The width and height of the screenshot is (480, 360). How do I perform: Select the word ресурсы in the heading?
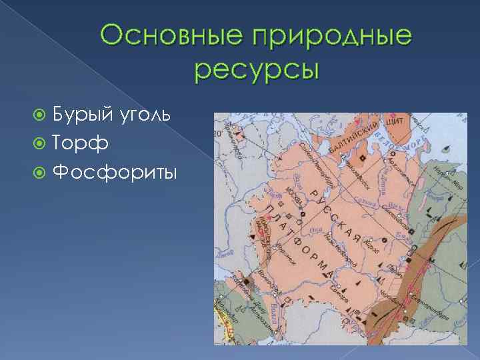click(x=257, y=69)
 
